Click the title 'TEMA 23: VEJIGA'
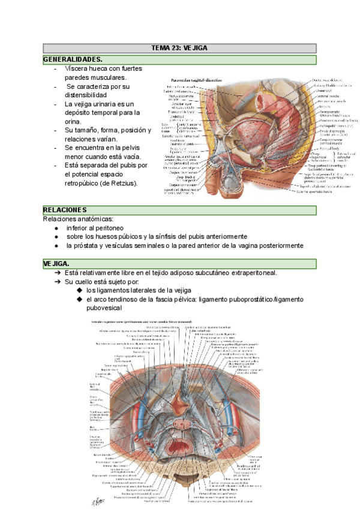[x=180, y=48]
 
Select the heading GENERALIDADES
[x=73, y=59]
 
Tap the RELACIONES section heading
[x=65, y=209]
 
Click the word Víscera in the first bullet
[x=78, y=68]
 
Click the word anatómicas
[x=95, y=218]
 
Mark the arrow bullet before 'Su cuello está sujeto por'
[x=56, y=282]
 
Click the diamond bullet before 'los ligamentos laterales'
[x=79, y=291]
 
